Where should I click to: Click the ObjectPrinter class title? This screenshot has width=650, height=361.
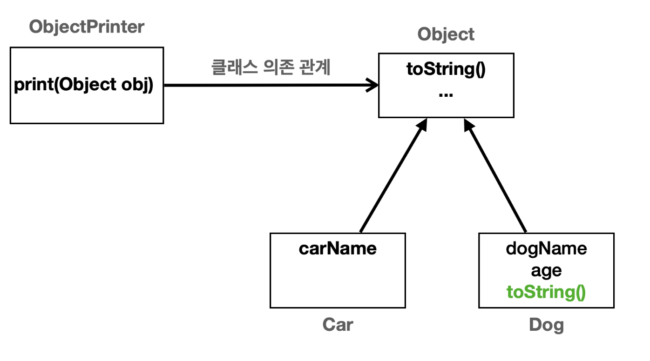pos(87,27)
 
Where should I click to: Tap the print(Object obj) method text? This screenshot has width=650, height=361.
pos(83,85)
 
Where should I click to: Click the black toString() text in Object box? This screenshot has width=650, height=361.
pos(446,70)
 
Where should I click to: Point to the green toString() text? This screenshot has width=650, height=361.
pos(546,292)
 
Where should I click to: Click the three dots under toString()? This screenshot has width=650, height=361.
pos(446,95)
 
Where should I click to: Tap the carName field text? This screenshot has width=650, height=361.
pos(338,249)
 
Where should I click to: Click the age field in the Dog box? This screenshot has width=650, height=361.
pos(546,271)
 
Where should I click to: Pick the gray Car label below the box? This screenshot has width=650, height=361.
pos(338,324)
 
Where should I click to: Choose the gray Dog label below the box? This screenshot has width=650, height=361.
pos(547,325)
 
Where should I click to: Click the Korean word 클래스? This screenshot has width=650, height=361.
pos(235,67)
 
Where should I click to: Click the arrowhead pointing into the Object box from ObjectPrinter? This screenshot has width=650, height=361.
pos(372,85)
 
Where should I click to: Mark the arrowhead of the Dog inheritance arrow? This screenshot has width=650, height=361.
pos(468,125)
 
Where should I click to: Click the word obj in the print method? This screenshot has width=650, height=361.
pos(137,85)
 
